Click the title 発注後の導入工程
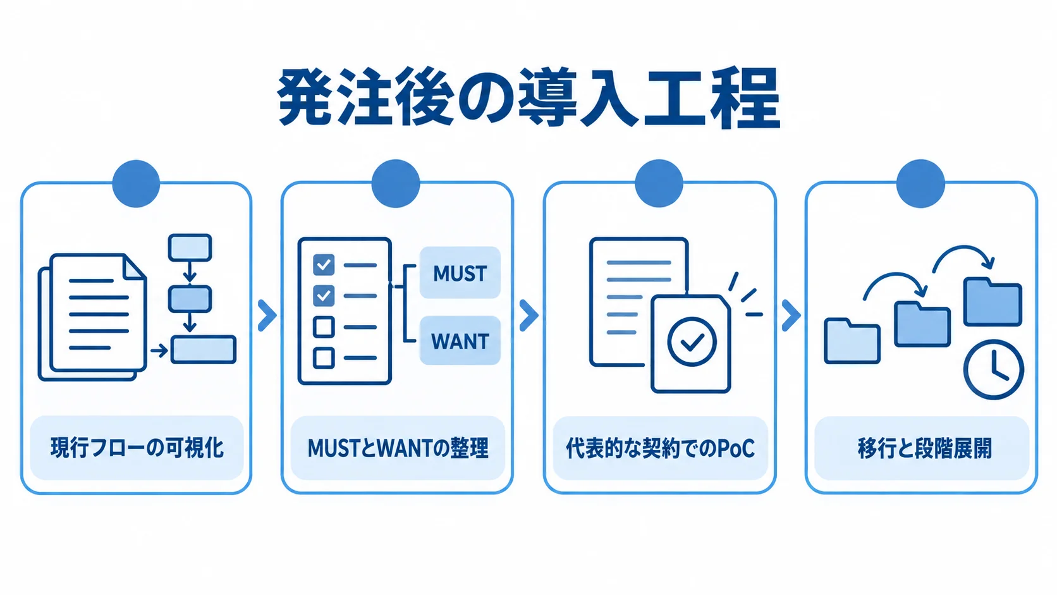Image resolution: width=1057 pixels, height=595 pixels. tap(528, 97)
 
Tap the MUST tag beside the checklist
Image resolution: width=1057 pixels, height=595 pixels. tap(460, 273)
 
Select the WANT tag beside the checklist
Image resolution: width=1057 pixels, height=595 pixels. tap(460, 341)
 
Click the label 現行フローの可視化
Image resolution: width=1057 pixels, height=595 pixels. tap(137, 448)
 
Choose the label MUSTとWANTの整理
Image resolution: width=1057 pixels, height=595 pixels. tap(398, 448)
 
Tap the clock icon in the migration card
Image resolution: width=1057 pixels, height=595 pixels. tap(993, 369)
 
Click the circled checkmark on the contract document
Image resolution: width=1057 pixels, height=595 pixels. tap(692, 341)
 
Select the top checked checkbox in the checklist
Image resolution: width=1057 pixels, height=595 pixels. tap(324, 265)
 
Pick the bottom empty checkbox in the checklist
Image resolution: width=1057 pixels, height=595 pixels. tap(324, 358)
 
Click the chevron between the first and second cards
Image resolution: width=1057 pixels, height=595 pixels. tap(267, 315)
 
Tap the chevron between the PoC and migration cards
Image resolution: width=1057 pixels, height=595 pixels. tap(791, 315)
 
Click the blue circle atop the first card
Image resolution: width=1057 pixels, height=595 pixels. tap(136, 183)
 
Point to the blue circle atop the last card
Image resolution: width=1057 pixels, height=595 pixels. tap(920, 183)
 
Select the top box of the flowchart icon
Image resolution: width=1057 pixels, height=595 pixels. tap(190, 247)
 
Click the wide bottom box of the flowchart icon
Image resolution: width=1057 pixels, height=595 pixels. tap(204, 350)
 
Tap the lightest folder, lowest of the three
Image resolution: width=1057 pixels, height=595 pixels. tap(852, 341)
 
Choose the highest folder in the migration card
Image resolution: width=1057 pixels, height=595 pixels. tap(993, 302)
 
